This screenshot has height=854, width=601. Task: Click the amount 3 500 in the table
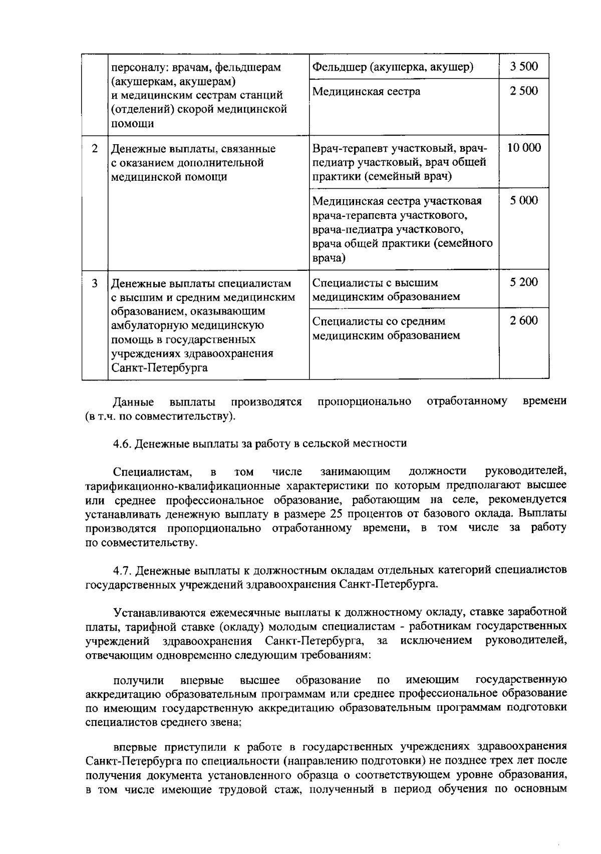(x=524, y=67)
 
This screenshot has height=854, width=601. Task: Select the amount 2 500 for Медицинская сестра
(x=524, y=91)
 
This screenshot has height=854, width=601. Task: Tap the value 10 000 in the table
(x=524, y=148)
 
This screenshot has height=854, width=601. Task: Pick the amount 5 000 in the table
(x=524, y=201)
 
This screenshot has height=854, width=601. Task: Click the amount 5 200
(x=524, y=282)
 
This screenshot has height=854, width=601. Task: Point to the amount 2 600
(x=524, y=321)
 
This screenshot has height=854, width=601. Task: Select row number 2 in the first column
(x=95, y=149)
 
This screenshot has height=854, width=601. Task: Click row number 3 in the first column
(x=95, y=283)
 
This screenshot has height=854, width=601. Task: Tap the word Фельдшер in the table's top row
(x=336, y=67)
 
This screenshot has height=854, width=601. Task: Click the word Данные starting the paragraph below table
(x=133, y=401)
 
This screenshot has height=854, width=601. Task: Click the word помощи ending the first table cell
(x=132, y=124)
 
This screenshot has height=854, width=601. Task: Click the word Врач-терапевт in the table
(x=346, y=149)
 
